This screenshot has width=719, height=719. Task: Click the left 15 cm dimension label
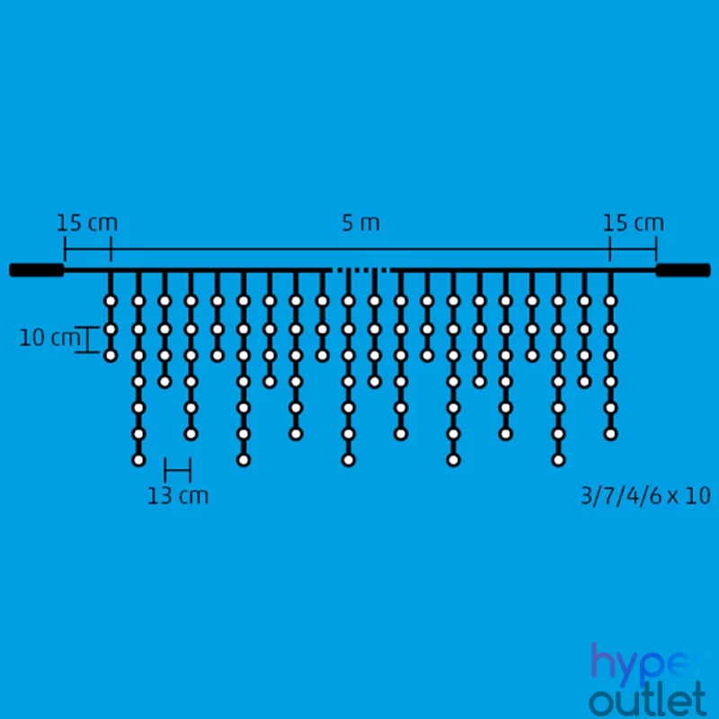point(87,223)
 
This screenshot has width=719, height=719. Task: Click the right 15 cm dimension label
point(633,223)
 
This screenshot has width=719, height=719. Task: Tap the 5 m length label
point(361,223)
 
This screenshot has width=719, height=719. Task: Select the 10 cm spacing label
point(49,338)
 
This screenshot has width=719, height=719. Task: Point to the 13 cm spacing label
point(178,496)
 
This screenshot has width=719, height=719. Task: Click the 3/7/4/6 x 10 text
point(645,496)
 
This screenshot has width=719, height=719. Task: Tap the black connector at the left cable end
point(37,271)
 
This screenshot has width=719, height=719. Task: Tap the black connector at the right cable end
point(683,271)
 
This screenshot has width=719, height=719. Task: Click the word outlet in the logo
point(648,699)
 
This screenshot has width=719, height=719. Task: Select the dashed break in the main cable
point(361,271)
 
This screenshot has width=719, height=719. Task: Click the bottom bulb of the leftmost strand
point(111,355)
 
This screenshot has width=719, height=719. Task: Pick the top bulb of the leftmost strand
point(111,301)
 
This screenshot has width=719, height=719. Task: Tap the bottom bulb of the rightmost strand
point(610,434)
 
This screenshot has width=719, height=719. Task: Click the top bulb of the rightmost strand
point(610,301)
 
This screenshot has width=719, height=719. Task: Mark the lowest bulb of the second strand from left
point(138,460)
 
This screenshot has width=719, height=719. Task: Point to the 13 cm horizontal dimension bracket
point(177,470)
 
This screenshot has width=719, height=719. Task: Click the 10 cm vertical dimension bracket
point(87,340)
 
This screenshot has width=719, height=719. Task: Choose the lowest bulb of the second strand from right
point(584,381)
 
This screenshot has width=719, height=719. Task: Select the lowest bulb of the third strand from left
point(164,381)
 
